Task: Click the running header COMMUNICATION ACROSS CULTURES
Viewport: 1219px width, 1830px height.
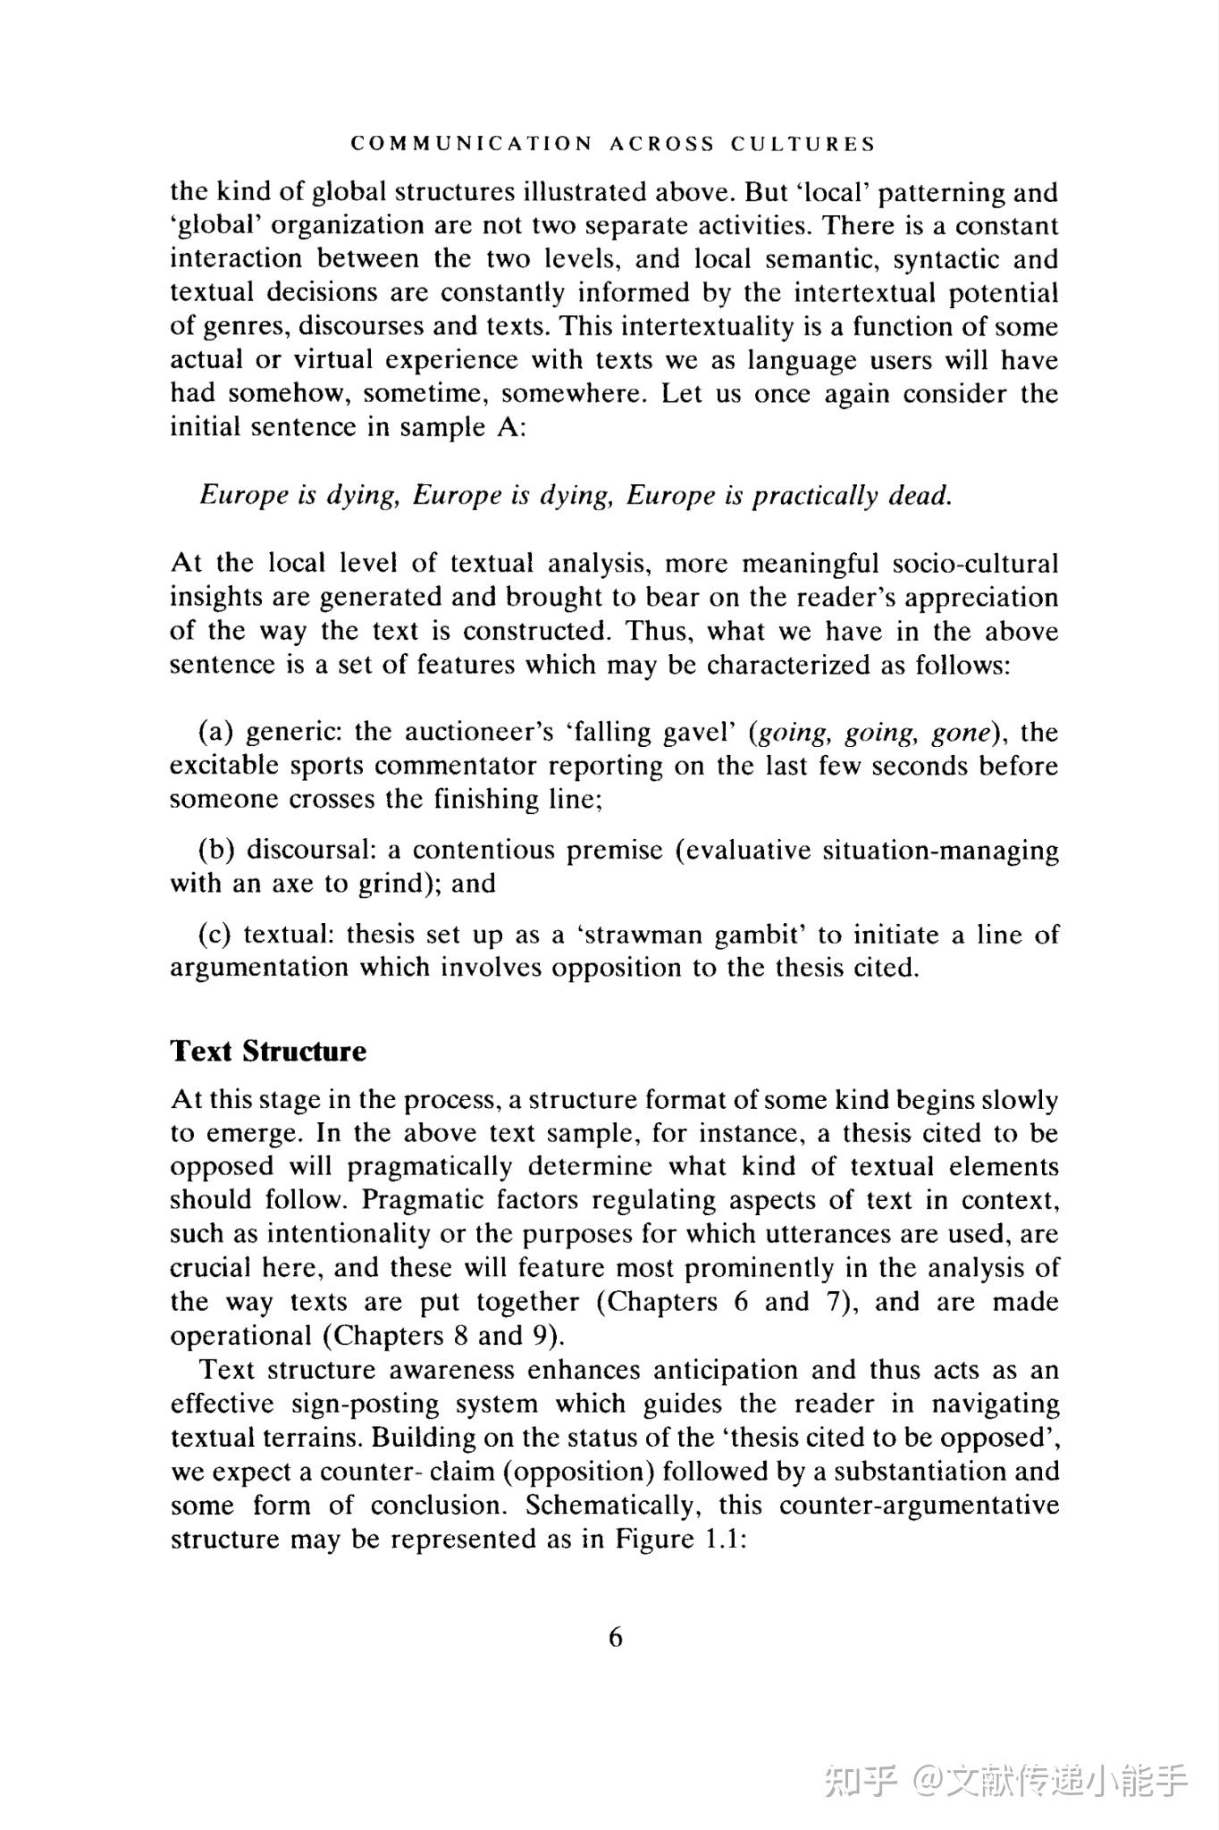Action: [613, 144]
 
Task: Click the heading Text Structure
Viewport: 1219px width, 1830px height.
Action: [268, 1051]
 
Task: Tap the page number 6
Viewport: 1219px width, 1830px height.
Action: [615, 1637]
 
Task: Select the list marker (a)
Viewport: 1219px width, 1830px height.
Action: [215, 733]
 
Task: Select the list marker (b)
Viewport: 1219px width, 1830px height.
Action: [216, 850]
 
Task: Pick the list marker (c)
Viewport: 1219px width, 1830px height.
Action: [215, 935]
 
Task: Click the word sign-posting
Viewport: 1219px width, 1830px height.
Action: [366, 1404]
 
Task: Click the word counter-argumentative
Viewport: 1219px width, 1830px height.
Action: [919, 1505]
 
